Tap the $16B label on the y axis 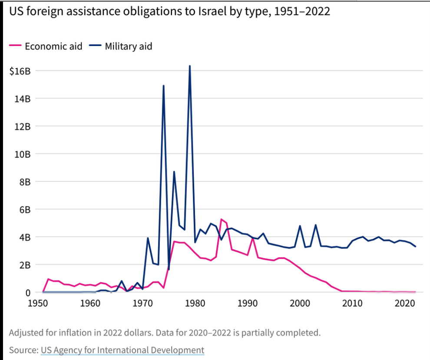pos(20,71)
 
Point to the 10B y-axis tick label pos(23,154)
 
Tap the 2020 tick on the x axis pos(405,303)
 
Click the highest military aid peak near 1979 pos(190,66)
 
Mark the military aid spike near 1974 pos(163,86)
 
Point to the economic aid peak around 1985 pos(221,219)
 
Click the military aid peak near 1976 pos(174,172)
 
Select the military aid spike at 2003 pos(315,225)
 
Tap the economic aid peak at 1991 pos(253,238)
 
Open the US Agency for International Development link pos(122,350)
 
